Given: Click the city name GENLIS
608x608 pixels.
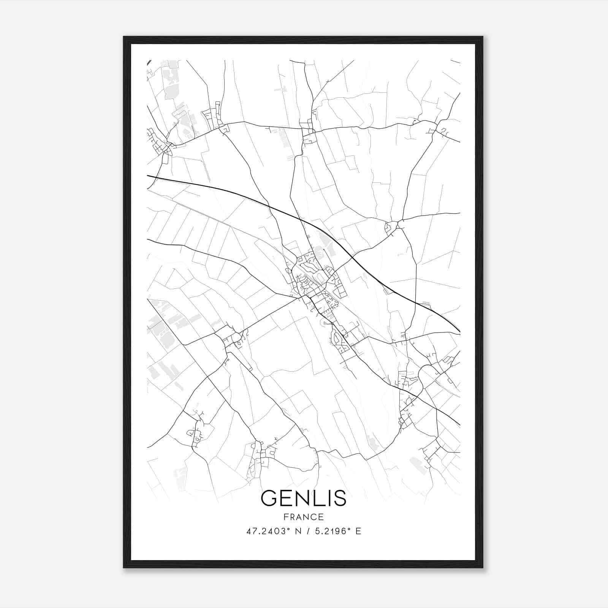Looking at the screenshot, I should click(304, 498).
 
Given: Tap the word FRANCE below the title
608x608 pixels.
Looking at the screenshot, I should click(304, 517).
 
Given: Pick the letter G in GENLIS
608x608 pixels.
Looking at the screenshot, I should click(269, 498).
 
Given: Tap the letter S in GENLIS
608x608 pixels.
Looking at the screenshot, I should click(340, 498).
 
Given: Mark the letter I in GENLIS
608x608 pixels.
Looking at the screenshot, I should click(328, 498).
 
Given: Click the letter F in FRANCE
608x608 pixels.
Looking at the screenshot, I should click(285, 517).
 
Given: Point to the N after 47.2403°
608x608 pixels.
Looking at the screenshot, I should click(298, 531).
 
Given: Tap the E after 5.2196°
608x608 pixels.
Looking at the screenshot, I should click(358, 531).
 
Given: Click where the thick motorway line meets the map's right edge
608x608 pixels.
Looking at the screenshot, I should click(459, 332).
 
